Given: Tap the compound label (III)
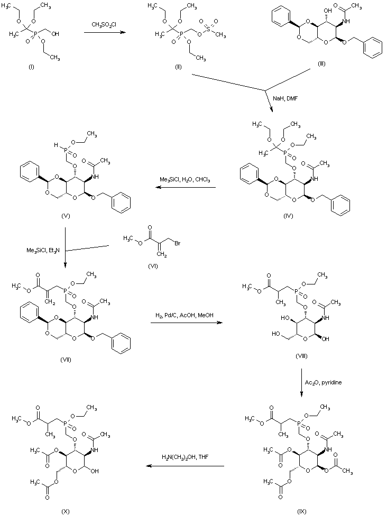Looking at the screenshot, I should click(x=321, y=63).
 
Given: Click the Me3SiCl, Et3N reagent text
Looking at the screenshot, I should click(x=44, y=250).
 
